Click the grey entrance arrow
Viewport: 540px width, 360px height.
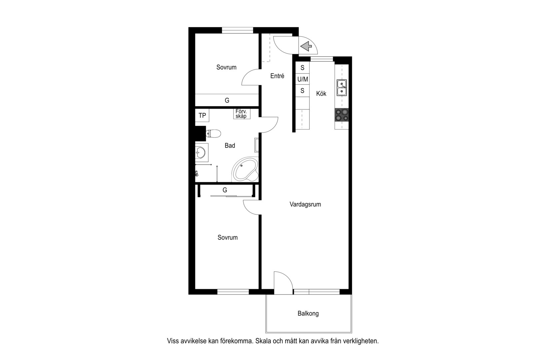306,46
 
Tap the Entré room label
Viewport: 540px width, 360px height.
277,76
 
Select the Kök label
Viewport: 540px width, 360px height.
321,94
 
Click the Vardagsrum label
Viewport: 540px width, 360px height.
305,204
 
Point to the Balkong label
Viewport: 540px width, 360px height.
308,313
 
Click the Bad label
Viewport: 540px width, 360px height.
230,145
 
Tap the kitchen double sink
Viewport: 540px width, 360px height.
341,87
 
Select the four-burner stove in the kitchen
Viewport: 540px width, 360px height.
342,115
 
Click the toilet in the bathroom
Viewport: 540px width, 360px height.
214,134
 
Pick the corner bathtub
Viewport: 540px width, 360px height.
245,170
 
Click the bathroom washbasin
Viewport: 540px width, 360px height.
201,153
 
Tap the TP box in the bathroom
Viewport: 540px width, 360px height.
202,115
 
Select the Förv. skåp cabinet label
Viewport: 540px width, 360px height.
241,114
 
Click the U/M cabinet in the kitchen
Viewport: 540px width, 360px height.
302,79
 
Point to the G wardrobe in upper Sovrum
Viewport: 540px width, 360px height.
227,100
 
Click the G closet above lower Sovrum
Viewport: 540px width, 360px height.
225,190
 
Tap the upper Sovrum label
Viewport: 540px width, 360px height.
226,67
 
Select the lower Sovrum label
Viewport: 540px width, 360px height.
228,237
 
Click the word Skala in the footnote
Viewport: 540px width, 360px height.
265,341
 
